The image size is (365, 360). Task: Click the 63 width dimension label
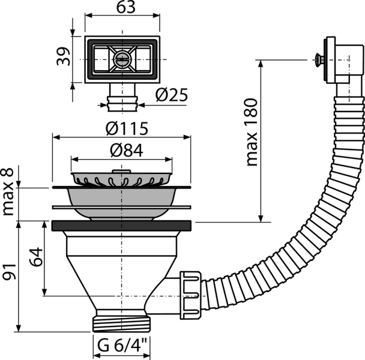point(125,7)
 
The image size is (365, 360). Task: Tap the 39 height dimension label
point(63,56)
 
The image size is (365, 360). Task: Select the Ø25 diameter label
point(172,95)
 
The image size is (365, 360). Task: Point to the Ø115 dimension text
point(127,128)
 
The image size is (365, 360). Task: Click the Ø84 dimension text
point(127,150)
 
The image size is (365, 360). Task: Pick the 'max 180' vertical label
point(252,133)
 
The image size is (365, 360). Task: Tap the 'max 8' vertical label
point(7,192)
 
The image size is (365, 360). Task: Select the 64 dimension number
point(36,257)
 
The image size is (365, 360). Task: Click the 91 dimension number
point(9,272)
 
